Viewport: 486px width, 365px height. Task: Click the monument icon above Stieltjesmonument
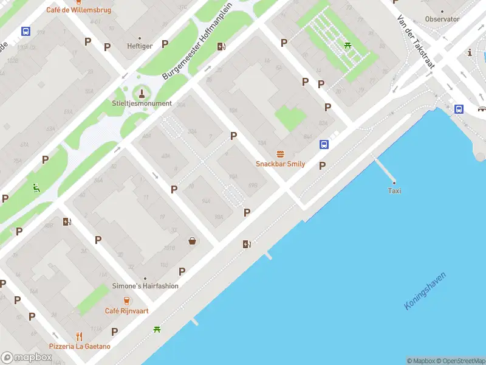[142, 93]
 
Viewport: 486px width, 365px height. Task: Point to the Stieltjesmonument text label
[142, 103]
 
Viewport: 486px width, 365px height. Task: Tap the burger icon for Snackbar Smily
[280, 155]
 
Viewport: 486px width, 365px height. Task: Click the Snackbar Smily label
[280, 164]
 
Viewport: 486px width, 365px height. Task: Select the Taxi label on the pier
[394, 191]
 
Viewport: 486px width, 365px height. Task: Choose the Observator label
[442, 19]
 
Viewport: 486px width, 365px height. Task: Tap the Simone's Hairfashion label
[145, 286]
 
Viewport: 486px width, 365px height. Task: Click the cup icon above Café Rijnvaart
[126, 301]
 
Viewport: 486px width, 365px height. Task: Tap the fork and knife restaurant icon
[79, 336]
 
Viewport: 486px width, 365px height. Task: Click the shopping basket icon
[193, 241]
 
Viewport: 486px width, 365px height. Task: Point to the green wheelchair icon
[36, 188]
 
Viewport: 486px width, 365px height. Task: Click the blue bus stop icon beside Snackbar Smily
[324, 145]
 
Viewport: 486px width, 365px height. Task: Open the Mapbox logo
[26, 358]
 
